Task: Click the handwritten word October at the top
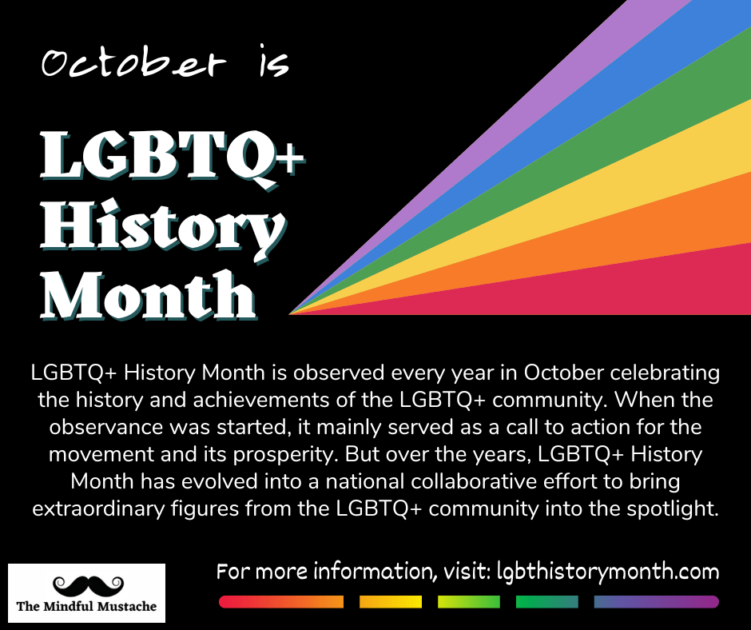point(133,63)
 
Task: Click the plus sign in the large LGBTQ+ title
point(290,160)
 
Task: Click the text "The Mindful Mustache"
point(87,607)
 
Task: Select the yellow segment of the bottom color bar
point(391,602)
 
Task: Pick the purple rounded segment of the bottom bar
point(656,602)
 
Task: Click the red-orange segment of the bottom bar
point(281,602)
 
